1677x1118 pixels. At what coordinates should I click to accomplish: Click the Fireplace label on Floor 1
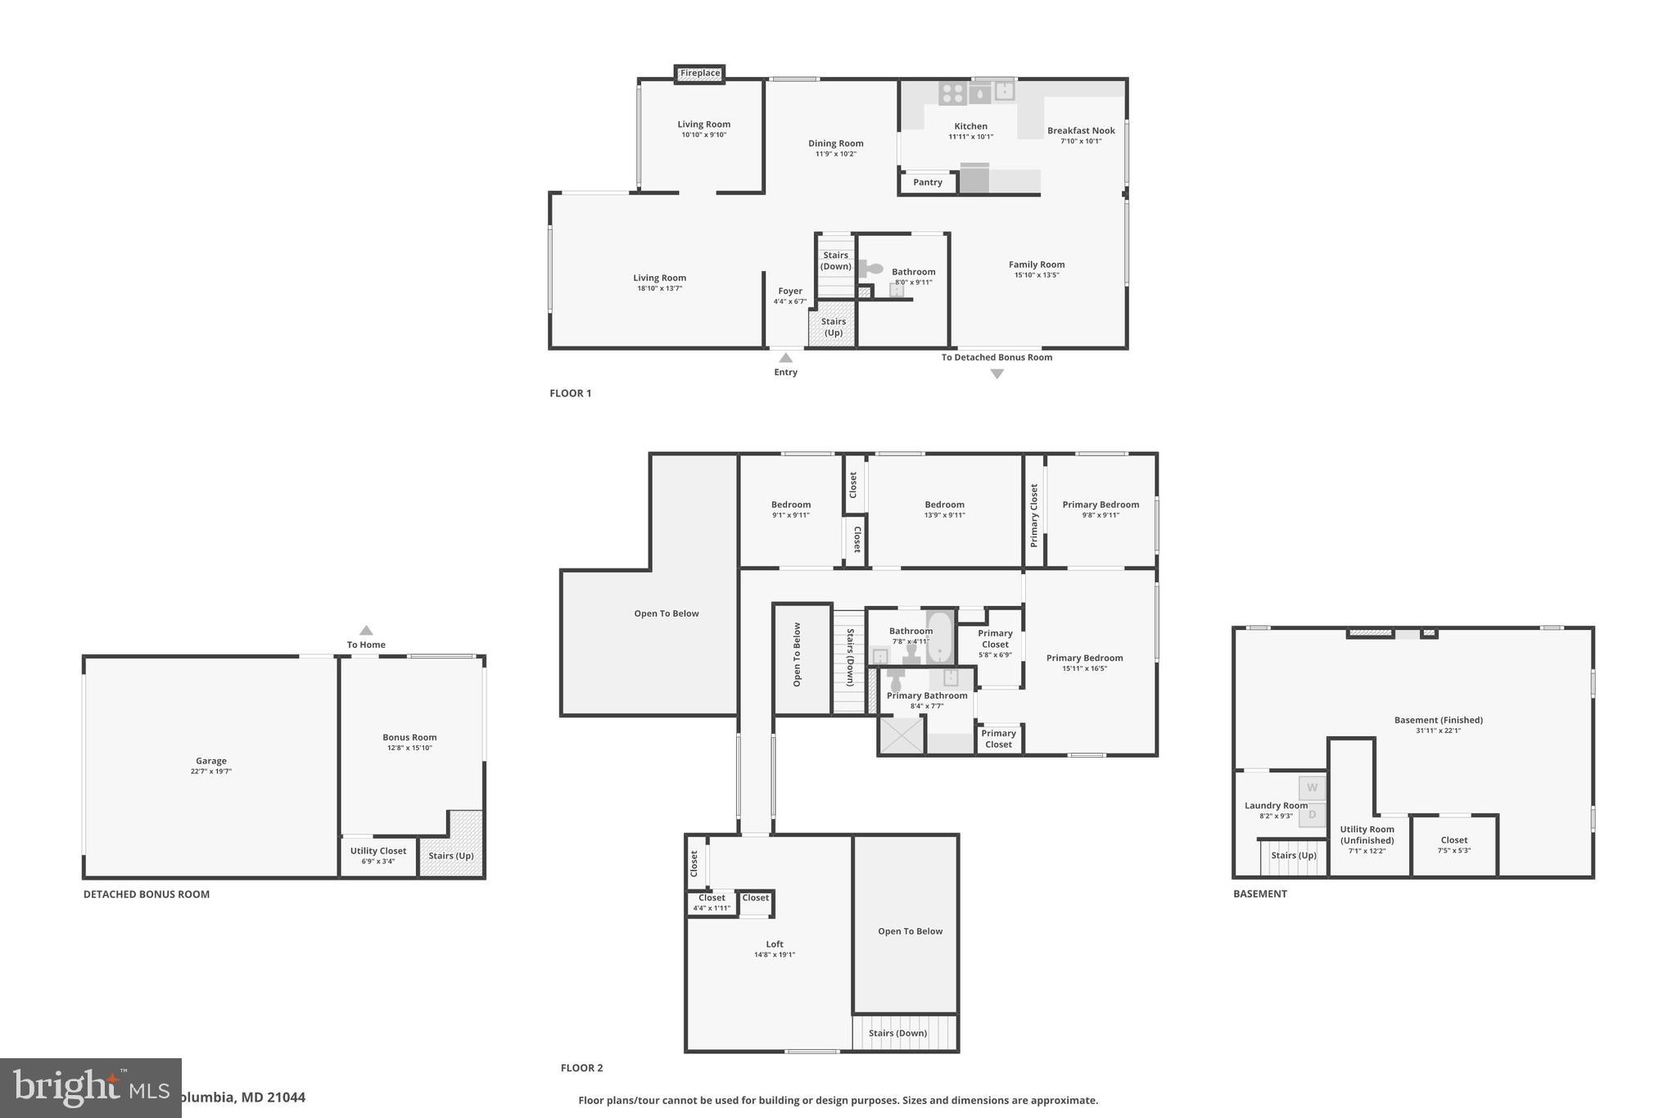point(700,74)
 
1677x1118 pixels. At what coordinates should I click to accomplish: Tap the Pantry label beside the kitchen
point(928,183)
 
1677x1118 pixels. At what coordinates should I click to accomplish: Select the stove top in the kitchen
point(952,93)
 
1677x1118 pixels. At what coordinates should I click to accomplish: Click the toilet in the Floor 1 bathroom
point(871,269)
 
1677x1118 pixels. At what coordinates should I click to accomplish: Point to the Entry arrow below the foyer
point(785,358)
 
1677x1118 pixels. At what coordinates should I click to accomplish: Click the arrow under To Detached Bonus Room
point(997,374)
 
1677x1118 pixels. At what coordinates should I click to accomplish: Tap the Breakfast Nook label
point(1081,131)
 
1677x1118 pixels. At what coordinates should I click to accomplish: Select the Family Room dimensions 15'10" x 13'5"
point(1037,275)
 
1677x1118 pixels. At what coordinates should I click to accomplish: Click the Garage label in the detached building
point(210,761)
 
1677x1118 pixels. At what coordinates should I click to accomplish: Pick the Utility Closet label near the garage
point(378,851)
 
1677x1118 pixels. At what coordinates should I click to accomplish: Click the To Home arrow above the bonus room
point(366,631)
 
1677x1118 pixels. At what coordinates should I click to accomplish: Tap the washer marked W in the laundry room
point(1312,788)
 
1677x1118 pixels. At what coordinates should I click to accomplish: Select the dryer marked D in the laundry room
point(1312,815)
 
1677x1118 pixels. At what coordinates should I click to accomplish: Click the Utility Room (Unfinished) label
point(1367,835)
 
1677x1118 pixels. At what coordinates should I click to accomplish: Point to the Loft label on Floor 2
point(775,944)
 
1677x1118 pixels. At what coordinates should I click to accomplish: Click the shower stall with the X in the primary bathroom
point(901,735)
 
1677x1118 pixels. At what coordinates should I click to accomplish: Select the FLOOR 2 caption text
point(581,1068)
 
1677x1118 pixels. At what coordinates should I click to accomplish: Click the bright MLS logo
point(90,1088)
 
